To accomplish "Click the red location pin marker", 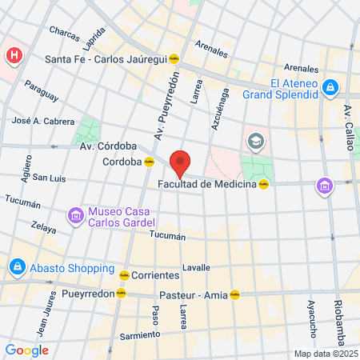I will pyautogui.click(x=180, y=162).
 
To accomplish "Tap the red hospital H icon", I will pyautogui.click(x=14, y=56).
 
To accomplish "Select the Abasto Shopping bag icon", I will pyautogui.click(x=16, y=266).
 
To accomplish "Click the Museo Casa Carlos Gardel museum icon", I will pyautogui.click(x=76, y=215).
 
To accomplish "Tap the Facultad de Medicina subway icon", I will pyautogui.click(x=262, y=185).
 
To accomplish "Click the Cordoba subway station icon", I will pyautogui.click(x=149, y=162).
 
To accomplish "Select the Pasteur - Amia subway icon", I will pyautogui.click(x=234, y=294).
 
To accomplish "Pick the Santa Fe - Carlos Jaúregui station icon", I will pyautogui.click(x=184, y=58).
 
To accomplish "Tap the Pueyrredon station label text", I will pyautogui.click(x=86, y=294).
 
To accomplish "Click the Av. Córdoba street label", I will pyautogui.click(x=108, y=146).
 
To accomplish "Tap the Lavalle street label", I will pyautogui.click(x=196, y=267).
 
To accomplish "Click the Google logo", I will pyautogui.click(x=26, y=350).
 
